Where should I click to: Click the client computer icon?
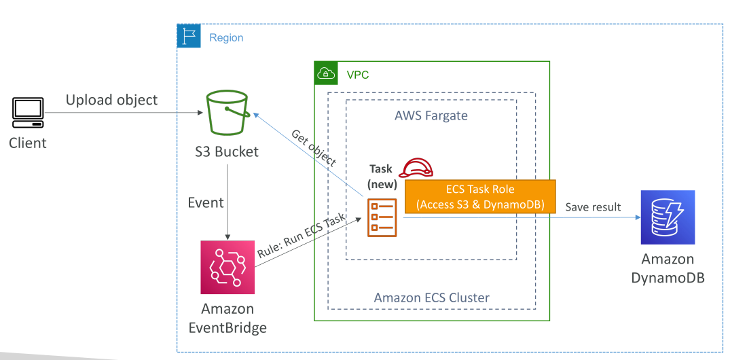[28, 113]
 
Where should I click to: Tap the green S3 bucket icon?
[227, 114]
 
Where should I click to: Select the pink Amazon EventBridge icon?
[227, 267]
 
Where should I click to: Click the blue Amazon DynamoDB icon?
[668, 217]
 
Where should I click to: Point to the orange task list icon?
[382, 217]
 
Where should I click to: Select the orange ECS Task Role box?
[480, 196]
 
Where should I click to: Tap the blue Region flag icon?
[189, 36]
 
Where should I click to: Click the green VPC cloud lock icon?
[326, 73]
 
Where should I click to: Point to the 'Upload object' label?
[111, 100]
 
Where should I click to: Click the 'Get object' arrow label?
[314, 148]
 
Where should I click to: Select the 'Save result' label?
[593, 207]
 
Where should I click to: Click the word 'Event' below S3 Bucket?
[206, 202]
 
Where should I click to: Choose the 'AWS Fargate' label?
[431, 115]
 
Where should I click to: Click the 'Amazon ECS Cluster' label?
[432, 298]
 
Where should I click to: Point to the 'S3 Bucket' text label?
[227, 151]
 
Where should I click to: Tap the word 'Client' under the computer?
[28, 143]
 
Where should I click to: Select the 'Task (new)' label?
[381, 175]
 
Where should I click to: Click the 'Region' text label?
[226, 37]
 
